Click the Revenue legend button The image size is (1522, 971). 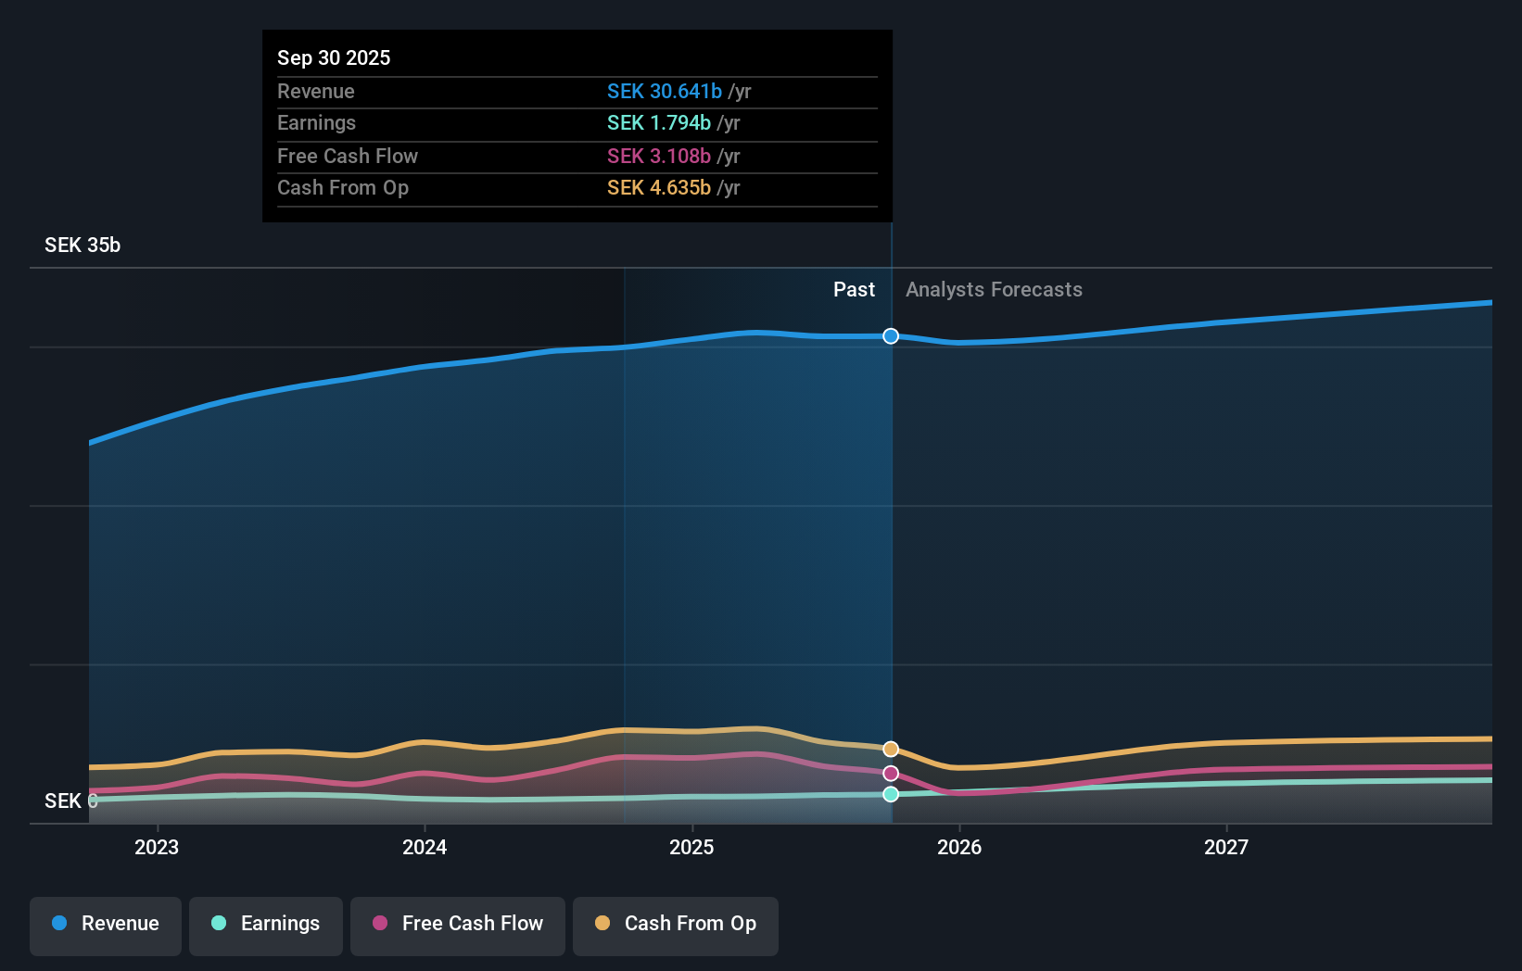106,924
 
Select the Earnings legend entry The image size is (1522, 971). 266,924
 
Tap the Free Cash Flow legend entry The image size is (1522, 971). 458,924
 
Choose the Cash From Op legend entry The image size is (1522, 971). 676,924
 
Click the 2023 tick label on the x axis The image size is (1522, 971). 157,847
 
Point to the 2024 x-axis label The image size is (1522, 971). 425,847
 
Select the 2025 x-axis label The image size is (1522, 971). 691,847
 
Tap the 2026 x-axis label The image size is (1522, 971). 959,847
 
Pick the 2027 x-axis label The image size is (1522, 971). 1226,847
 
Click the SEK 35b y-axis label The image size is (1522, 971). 82,245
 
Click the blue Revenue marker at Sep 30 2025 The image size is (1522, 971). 891,336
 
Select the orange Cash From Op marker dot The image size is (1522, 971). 891,749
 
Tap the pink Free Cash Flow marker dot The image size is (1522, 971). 891,773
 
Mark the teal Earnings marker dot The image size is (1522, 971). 891,794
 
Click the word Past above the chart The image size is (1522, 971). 854,290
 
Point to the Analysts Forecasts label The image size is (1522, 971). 994,290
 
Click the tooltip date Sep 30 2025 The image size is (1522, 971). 334,57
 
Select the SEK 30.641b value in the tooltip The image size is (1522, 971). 664,91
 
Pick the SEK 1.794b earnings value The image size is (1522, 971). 658,123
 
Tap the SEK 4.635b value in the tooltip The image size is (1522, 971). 658,188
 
